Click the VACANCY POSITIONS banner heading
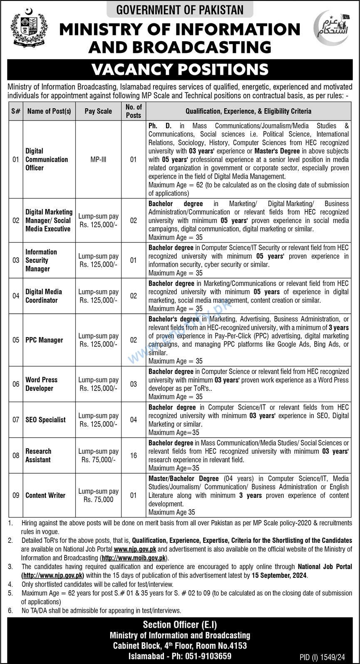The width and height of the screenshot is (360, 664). (x=180, y=69)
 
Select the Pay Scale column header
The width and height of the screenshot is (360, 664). (x=98, y=111)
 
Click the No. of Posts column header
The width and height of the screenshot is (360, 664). (x=134, y=111)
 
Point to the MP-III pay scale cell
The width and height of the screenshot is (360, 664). (x=98, y=159)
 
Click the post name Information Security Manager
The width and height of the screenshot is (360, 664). (x=41, y=260)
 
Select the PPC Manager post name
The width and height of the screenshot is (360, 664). (x=44, y=340)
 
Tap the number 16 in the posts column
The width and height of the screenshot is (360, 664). (x=134, y=455)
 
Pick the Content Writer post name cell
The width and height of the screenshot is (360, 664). (x=45, y=495)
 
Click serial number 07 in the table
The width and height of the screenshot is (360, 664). (x=16, y=420)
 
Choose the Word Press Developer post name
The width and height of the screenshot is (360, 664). (x=41, y=384)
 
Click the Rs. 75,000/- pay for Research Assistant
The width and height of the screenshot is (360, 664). (x=98, y=460)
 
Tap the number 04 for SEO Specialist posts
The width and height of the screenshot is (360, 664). (x=134, y=420)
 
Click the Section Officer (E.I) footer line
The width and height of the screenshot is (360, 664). (x=180, y=624)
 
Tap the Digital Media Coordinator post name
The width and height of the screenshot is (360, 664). (x=44, y=296)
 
